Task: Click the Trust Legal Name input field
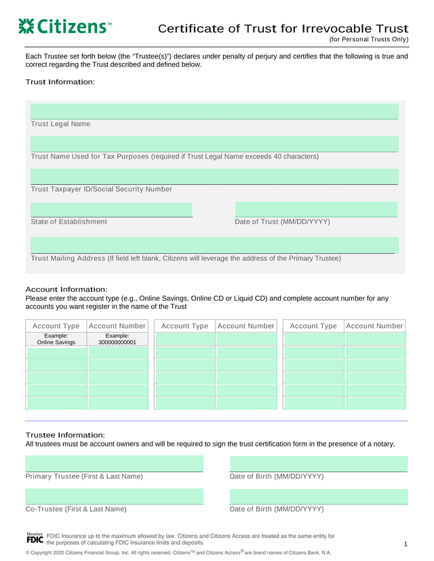[x=214, y=111]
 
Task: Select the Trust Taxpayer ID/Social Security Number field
[x=214, y=176]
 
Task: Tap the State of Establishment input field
[x=112, y=209]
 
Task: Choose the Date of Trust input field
[x=316, y=209]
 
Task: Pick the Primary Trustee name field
[x=114, y=464]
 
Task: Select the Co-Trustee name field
[x=114, y=497]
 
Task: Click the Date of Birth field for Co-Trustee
[x=319, y=497]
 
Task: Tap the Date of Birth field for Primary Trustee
[x=319, y=464]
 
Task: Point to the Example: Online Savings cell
[x=56, y=339]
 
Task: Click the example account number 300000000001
[x=117, y=339]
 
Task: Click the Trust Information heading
[x=60, y=82]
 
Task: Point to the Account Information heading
[x=66, y=289]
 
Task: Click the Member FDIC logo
[x=35, y=539]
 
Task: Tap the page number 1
[x=405, y=545]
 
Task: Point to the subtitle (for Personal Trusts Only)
[x=369, y=40]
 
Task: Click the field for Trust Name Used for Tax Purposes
[x=214, y=144]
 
